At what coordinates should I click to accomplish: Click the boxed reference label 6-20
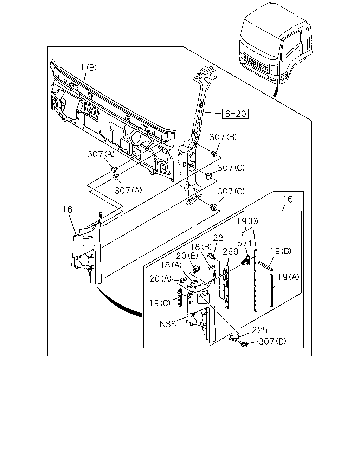coord(235,114)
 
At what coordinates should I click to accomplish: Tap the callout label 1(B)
coord(89,67)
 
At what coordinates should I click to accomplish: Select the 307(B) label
coord(223,137)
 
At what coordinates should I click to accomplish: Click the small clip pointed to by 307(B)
coord(214,153)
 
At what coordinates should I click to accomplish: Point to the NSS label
coord(168,324)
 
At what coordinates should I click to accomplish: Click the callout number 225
coord(260,330)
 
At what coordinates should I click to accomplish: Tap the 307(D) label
coord(272,341)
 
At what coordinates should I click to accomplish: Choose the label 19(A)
coord(288,277)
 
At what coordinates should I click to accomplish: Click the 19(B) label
coord(281,251)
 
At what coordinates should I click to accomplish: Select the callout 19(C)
coord(160,303)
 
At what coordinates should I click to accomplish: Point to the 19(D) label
coord(247,221)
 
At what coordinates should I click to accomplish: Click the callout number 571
coord(244,243)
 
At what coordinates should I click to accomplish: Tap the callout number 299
coord(231,252)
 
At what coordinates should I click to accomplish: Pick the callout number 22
coord(218,238)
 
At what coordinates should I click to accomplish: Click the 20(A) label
coord(160,279)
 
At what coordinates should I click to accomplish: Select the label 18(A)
coord(171,265)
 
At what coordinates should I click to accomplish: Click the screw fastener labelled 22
coord(211,256)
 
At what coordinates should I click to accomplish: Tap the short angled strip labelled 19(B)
coord(266,266)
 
